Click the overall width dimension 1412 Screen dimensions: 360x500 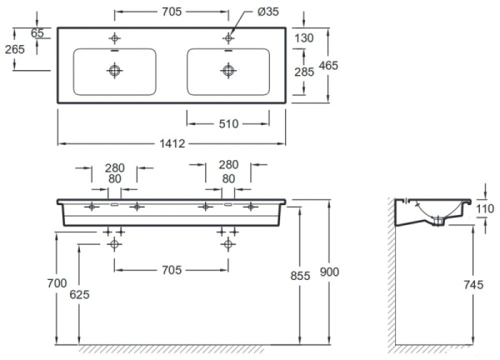[x=172, y=142]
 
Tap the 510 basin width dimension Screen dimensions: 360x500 [x=228, y=123]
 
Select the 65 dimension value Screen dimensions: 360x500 [x=37, y=32]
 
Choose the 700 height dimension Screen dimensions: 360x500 [x=57, y=285]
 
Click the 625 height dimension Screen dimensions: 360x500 [x=79, y=294]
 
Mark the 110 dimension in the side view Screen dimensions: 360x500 [x=485, y=208]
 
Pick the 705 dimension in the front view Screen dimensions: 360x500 [x=172, y=270]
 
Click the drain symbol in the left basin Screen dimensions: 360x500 [x=114, y=72]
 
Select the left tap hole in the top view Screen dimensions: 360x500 [x=114, y=37]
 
